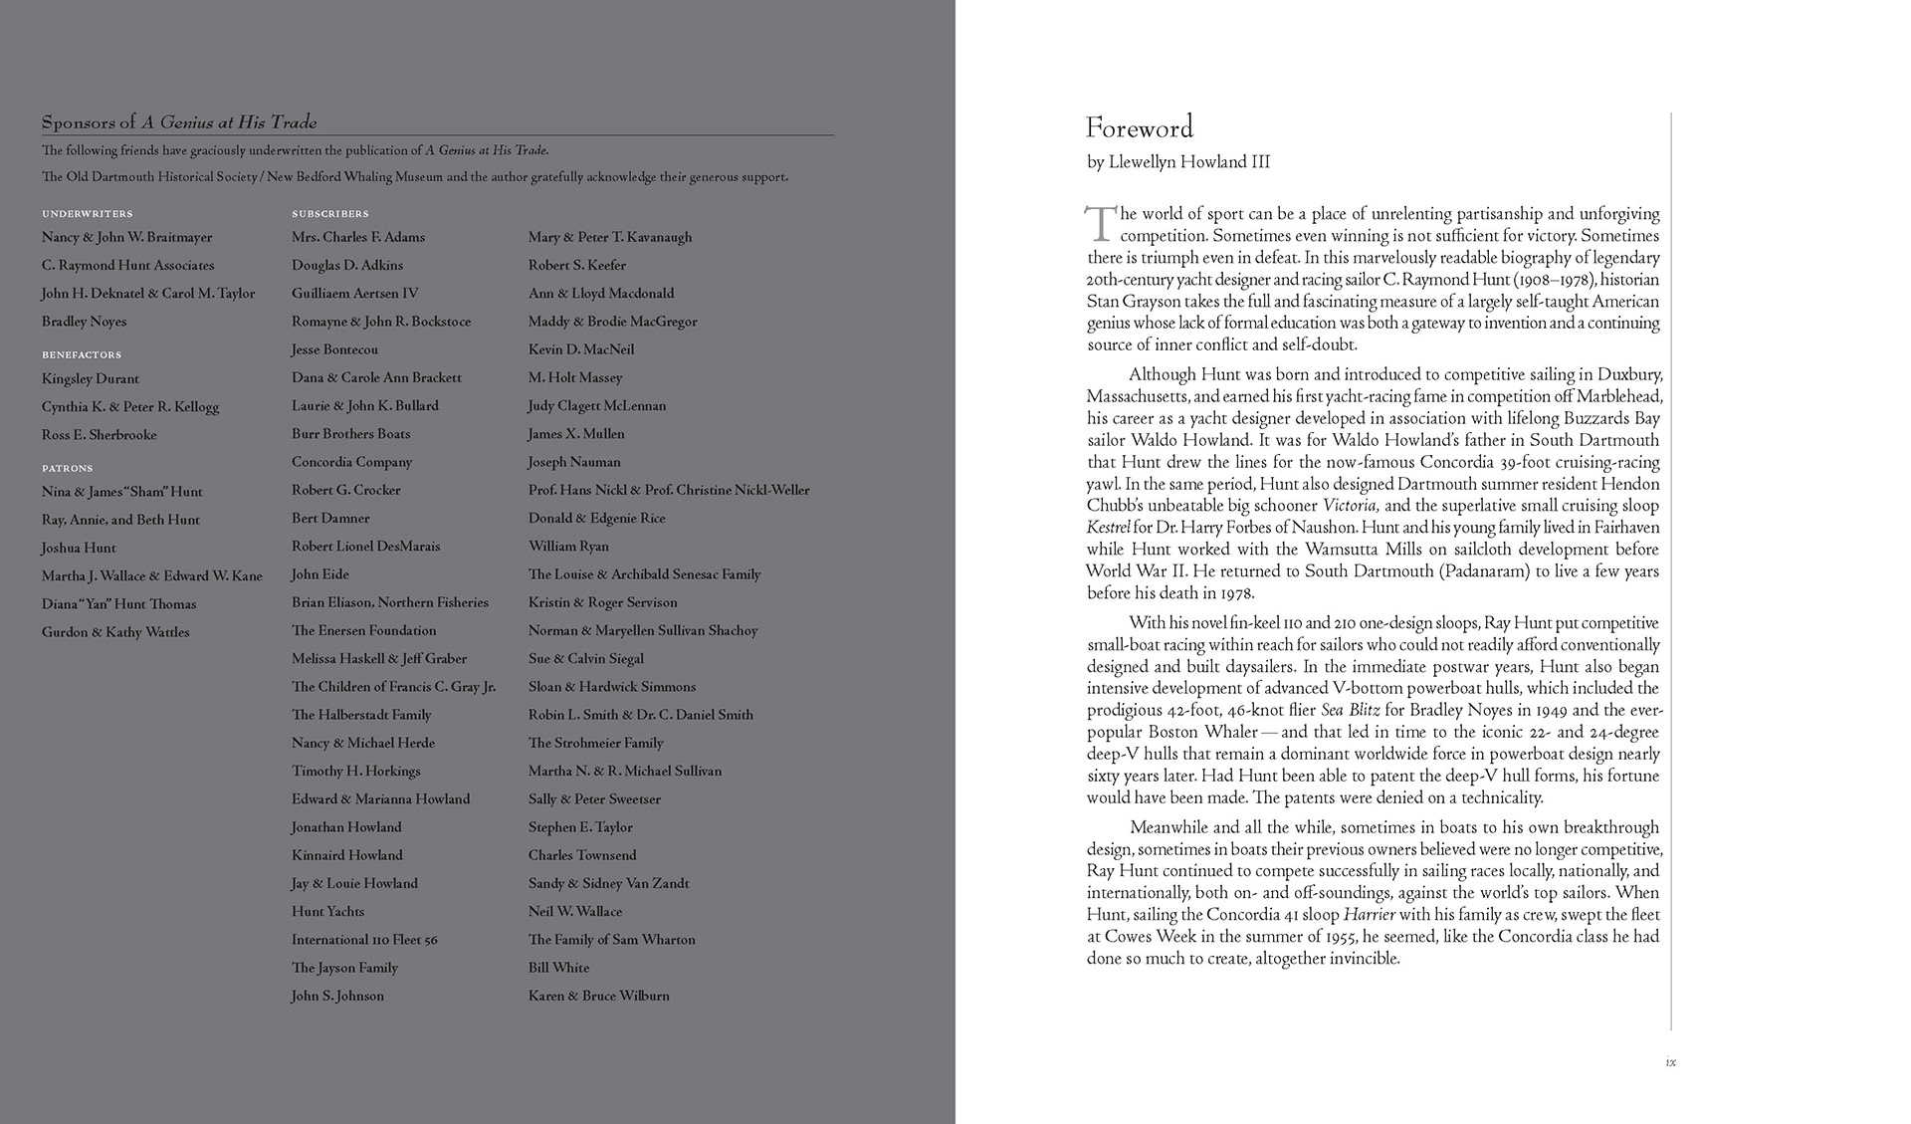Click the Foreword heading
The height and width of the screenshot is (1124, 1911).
pos(1139,128)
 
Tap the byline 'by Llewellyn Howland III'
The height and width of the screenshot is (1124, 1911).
pos(1178,162)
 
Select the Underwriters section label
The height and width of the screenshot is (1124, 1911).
pos(87,214)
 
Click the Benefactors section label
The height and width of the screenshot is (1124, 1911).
pos(82,355)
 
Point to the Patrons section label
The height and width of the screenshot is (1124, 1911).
pos(67,468)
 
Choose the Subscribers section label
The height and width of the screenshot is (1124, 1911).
pos(330,214)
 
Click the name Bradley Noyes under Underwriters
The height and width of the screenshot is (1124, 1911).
pos(84,322)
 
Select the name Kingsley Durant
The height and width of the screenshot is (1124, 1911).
pos(91,379)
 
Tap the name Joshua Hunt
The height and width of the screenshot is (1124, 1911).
pos(79,548)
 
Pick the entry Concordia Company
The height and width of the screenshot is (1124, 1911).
pos(351,462)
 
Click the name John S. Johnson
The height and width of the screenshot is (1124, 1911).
pos(337,996)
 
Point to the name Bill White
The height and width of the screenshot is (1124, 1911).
pos(558,968)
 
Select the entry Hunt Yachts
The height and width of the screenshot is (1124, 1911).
pos(327,912)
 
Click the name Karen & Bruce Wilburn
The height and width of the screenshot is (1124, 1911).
pos(598,996)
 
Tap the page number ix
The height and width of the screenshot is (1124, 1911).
pos(1670,1062)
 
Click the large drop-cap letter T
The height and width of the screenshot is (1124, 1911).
pos(1100,224)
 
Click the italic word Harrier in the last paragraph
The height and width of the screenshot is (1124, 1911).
pos(1370,915)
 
